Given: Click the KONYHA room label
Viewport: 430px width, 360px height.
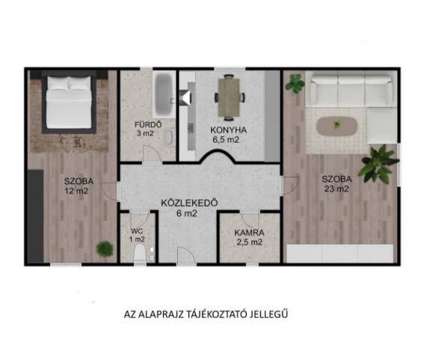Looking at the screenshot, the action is (228, 129).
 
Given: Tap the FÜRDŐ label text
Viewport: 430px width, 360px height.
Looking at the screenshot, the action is (148, 124).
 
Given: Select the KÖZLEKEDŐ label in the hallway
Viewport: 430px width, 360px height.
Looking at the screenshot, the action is (189, 203).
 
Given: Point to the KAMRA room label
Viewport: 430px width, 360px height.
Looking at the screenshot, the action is (249, 233).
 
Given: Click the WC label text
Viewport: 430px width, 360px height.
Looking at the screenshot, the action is (137, 231).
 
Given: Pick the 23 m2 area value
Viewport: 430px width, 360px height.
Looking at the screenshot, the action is (337, 189).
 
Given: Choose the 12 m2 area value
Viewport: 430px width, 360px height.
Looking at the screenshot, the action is (77, 191).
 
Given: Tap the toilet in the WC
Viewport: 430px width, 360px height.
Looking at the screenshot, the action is (140, 254).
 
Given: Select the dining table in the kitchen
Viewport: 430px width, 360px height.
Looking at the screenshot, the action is (230, 97).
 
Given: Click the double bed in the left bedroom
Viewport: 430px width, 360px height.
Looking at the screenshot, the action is (69, 102).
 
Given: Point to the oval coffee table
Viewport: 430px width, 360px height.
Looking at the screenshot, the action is (337, 126).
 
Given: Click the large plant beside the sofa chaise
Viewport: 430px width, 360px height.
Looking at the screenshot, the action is (378, 163).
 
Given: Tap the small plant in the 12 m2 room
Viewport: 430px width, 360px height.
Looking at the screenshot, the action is (105, 248).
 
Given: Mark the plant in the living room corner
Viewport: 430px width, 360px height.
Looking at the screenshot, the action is (295, 82).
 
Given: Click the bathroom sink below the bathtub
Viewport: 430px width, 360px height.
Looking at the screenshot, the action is (170, 137).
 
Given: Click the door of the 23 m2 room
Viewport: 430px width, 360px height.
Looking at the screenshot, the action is (290, 186).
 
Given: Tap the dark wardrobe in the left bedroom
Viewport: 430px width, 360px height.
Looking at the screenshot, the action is (36, 216).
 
